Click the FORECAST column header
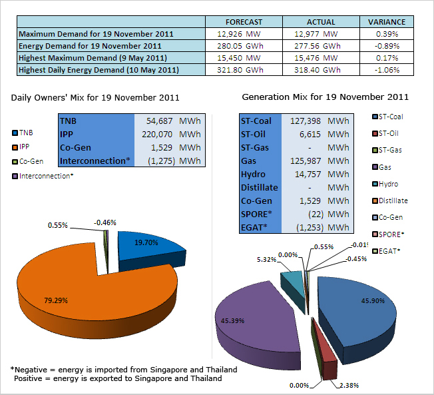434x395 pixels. pos(244,22)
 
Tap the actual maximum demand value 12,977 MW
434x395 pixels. pos(314,33)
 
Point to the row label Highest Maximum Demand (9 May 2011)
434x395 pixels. pos(94,58)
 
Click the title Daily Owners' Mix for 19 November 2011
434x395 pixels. pos(95,97)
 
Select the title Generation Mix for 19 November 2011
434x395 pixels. pos(325,97)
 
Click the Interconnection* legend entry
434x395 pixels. pos(43,176)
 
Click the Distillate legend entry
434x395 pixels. pos(392,200)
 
